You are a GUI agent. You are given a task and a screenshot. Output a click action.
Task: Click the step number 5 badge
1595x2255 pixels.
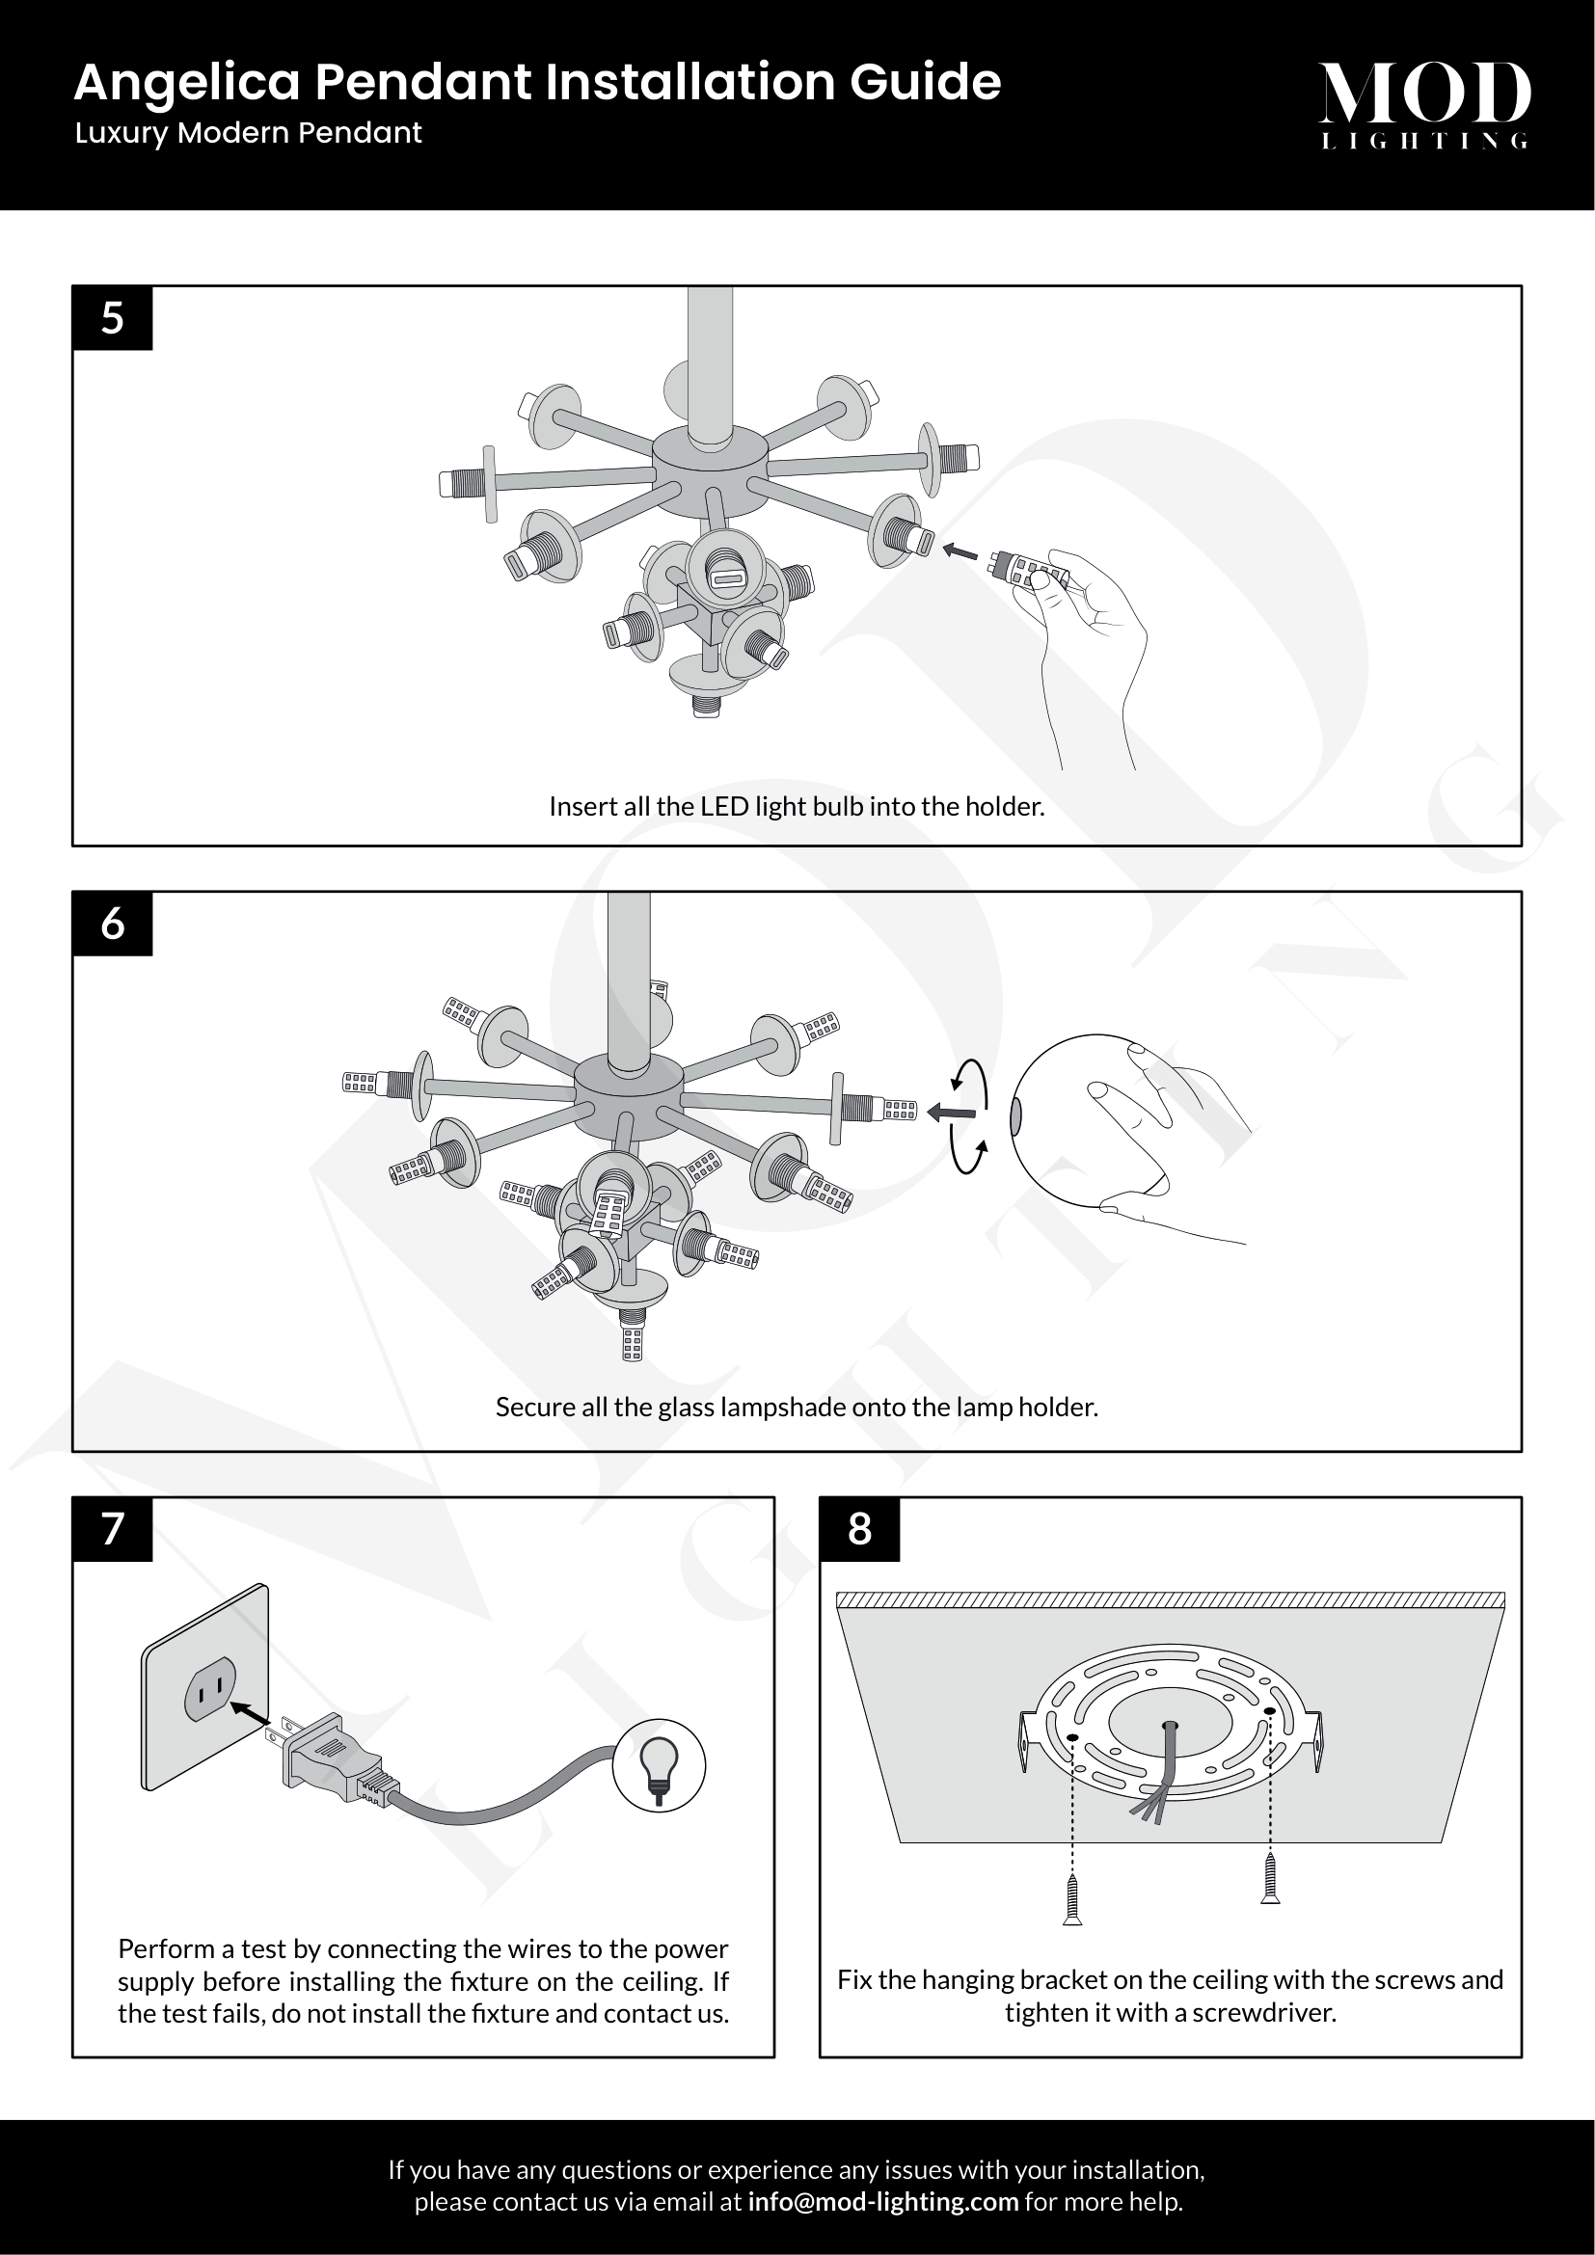pyautogui.click(x=112, y=318)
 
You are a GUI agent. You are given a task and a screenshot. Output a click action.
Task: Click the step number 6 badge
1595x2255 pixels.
pyautogui.click(x=112, y=924)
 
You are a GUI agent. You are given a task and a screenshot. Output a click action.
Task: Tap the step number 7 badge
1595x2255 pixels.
pyautogui.click(x=112, y=1529)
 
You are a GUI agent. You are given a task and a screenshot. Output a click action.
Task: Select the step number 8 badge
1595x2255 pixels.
pyautogui.click(x=859, y=1529)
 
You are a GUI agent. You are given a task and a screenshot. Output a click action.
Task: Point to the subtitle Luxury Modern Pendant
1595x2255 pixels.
pyautogui.click(x=249, y=134)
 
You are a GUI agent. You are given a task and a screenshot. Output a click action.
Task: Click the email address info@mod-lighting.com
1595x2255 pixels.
pyautogui.click(x=883, y=2201)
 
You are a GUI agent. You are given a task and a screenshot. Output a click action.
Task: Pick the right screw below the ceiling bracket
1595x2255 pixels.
pyautogui.click(x=1270, y=1878)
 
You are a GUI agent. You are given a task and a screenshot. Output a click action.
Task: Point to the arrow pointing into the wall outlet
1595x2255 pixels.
pyautogui.click(x=250, y=1711)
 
